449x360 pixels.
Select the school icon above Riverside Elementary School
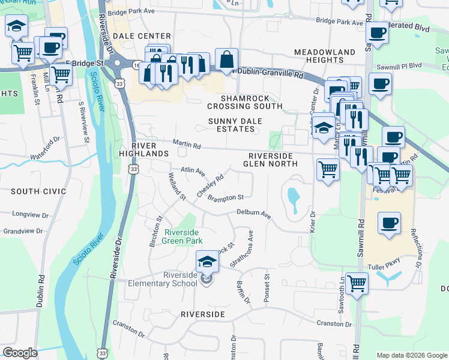[207, 261]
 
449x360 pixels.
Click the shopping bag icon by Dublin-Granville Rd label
[226, 59]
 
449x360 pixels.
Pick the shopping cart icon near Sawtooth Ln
[357, 283]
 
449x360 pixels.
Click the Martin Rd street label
[187, 144]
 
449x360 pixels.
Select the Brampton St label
[225, 197]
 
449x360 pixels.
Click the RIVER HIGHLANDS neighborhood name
[143, 149]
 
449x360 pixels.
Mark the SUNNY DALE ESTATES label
[231, 124]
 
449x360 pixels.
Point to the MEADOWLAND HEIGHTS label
[325, 56]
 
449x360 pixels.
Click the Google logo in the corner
[20, 353]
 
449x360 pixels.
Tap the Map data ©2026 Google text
[411, 355]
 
